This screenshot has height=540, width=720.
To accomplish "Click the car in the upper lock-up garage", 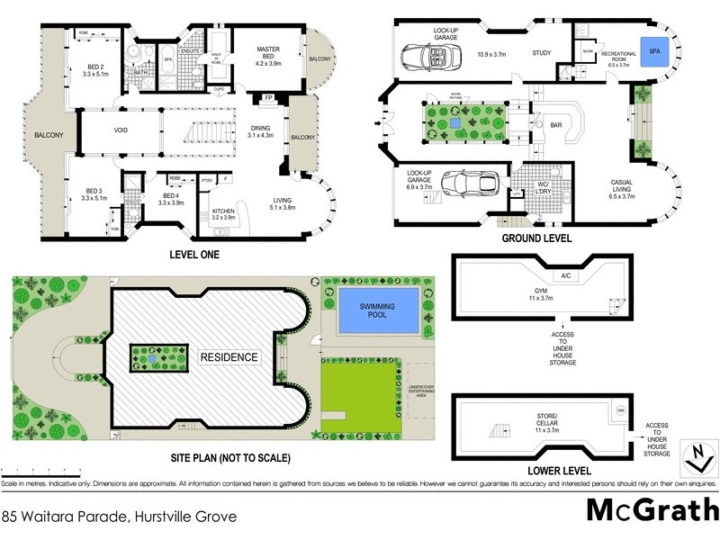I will [425, 58].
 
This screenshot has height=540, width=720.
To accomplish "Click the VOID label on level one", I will [121, 130].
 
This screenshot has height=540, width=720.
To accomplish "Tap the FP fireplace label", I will [269, 98].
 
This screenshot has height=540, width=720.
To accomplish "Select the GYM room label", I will [540, 293].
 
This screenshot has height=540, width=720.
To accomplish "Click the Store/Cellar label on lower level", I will [540, 418].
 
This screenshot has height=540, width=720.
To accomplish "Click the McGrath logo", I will [647, 509].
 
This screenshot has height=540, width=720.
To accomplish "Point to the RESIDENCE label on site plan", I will [229, 357].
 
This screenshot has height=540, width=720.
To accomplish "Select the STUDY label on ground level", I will [541, 54].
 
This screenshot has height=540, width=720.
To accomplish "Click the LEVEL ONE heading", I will [194, 255].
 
